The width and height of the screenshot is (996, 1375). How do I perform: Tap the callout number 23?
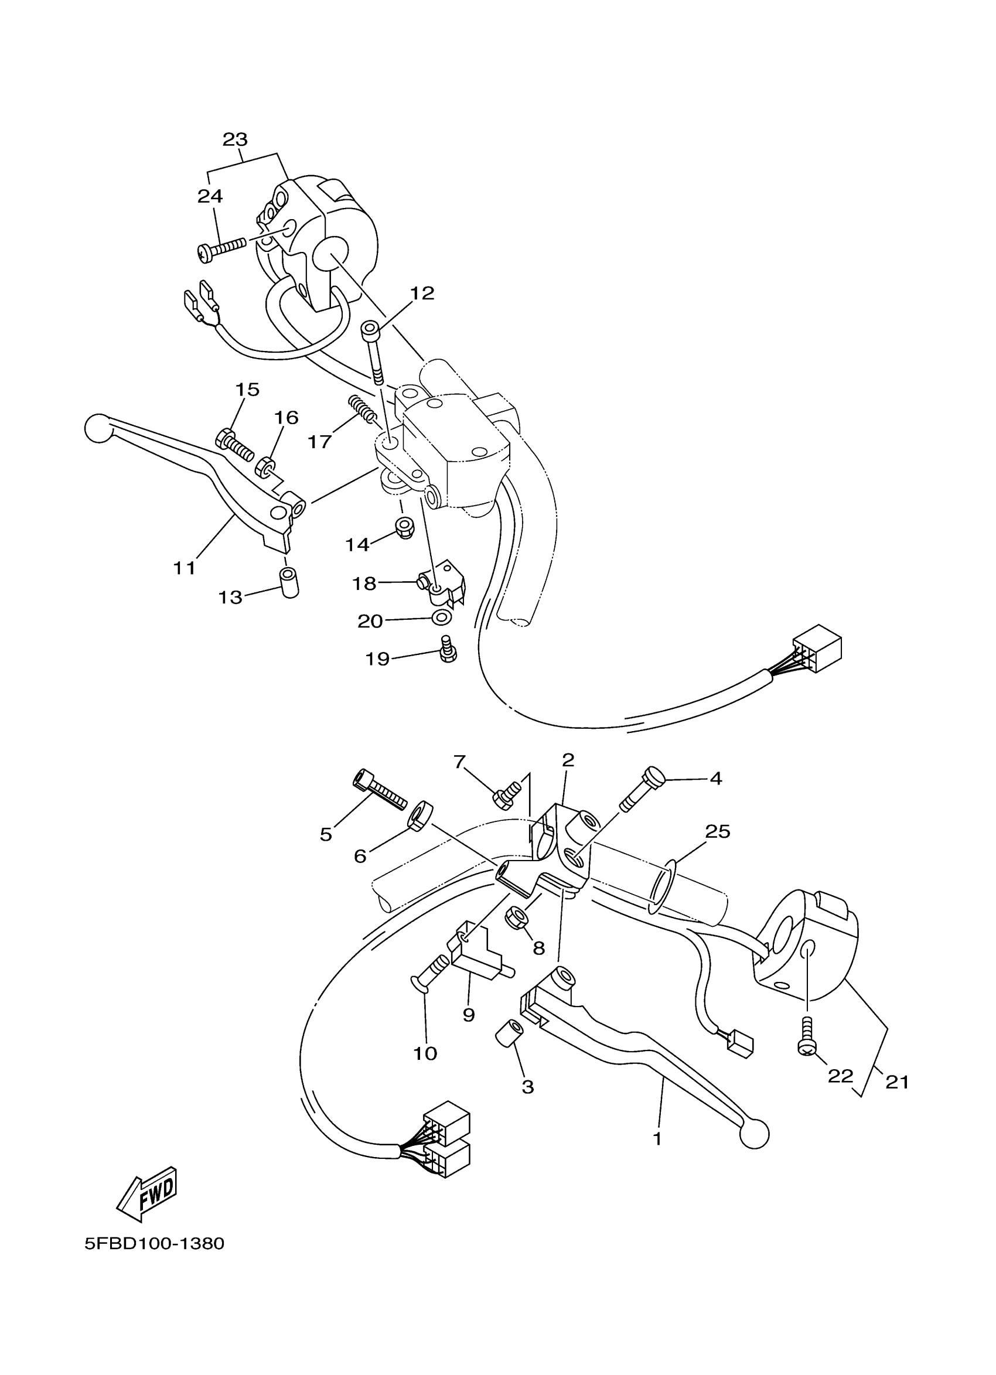click(235, 139)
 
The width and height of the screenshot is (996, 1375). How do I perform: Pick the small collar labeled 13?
click(289, 584)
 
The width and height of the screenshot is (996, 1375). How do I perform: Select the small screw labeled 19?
click(448, 649)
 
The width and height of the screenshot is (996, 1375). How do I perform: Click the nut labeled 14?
click(403, 527)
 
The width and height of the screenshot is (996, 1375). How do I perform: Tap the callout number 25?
click(717, 832)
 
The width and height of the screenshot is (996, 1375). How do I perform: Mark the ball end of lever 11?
click(98, 428)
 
